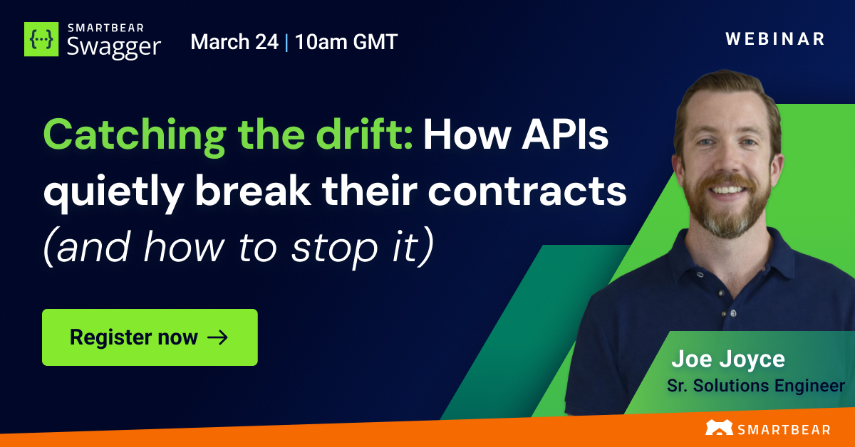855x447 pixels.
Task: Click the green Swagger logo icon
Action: [x=42, y=39]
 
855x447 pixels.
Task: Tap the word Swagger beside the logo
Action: [x=113, y=46]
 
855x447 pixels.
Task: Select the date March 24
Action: [x=234, y=42]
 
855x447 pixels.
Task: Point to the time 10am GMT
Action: [x=346, y=42]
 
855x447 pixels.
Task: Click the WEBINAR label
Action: [x=775, y=39]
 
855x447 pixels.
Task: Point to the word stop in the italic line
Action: [x=341, y=248]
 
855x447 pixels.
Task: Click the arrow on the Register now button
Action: [x=217, y=337]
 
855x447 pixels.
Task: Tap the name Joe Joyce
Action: [x=728, y=359]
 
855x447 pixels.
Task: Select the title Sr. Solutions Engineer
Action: [x=755, y=386]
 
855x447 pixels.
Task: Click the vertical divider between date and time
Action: [x=286, y=42]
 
